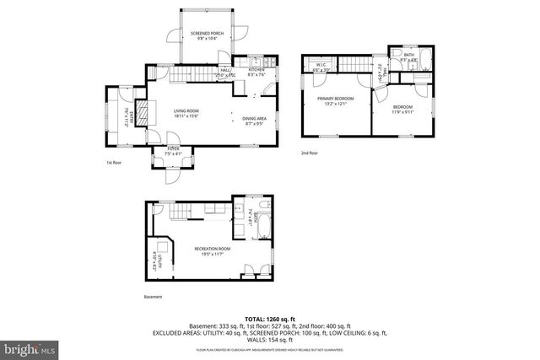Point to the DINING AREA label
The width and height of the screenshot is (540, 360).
point(255,119)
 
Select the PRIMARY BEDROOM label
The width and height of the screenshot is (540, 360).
point(335,99)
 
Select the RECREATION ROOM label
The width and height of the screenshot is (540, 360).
point(213,249)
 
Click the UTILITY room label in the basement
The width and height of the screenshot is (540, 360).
point(155,258)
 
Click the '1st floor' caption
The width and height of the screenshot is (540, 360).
point(115,162)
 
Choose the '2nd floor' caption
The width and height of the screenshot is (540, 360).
point(310,153)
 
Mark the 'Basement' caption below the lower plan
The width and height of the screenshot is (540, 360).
point(153,296)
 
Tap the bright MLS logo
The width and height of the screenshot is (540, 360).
point(28,347)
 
